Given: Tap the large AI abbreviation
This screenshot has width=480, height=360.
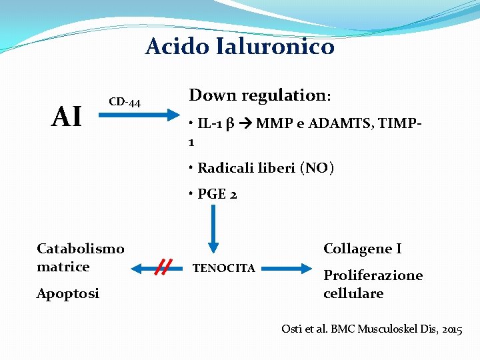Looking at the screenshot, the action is (x=67, y=117).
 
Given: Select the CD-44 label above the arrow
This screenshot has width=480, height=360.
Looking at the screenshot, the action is (x=125, y=102).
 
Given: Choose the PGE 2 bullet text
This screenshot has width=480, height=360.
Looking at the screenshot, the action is (x=217, y=195).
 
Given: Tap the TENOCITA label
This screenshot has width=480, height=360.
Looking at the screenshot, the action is (x=223, y=268).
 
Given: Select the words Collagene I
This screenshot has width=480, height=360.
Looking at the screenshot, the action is (x=362, y=249).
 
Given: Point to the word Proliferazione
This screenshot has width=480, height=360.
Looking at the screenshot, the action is (x=373, y=275).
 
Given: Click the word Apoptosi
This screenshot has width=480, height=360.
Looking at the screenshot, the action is (x=68, y=293).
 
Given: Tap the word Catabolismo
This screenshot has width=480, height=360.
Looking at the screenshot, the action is (x=81, y=249).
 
